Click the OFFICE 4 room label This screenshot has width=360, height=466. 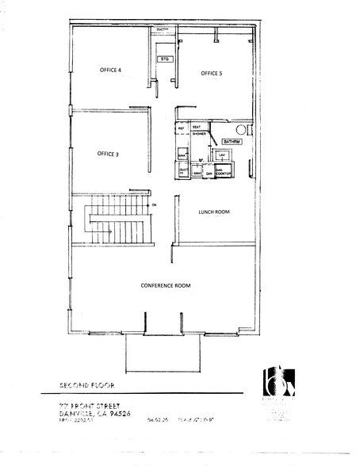pos(110,70)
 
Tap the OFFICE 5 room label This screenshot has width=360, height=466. pos(212,73)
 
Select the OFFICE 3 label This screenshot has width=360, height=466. pos(108,153)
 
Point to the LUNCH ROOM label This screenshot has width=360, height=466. pos(214,212)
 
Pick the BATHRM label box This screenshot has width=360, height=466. pos(231,142)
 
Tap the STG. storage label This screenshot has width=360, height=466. pos(164,59)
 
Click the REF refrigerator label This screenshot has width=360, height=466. pos(181,128)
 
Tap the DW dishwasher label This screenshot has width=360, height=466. pos(209,173)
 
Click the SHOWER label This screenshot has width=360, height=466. pos(199,134)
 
